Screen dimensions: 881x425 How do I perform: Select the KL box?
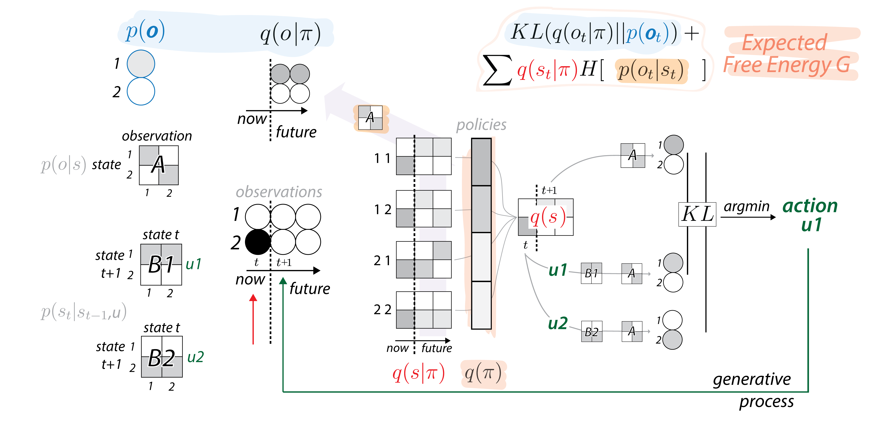click(697, 214)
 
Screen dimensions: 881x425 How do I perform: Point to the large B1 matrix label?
click(161, 265)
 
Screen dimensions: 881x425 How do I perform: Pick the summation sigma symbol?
click(498, 70)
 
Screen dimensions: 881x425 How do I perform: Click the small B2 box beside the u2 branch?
click(592, 331)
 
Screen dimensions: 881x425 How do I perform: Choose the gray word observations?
click(279, 192)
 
